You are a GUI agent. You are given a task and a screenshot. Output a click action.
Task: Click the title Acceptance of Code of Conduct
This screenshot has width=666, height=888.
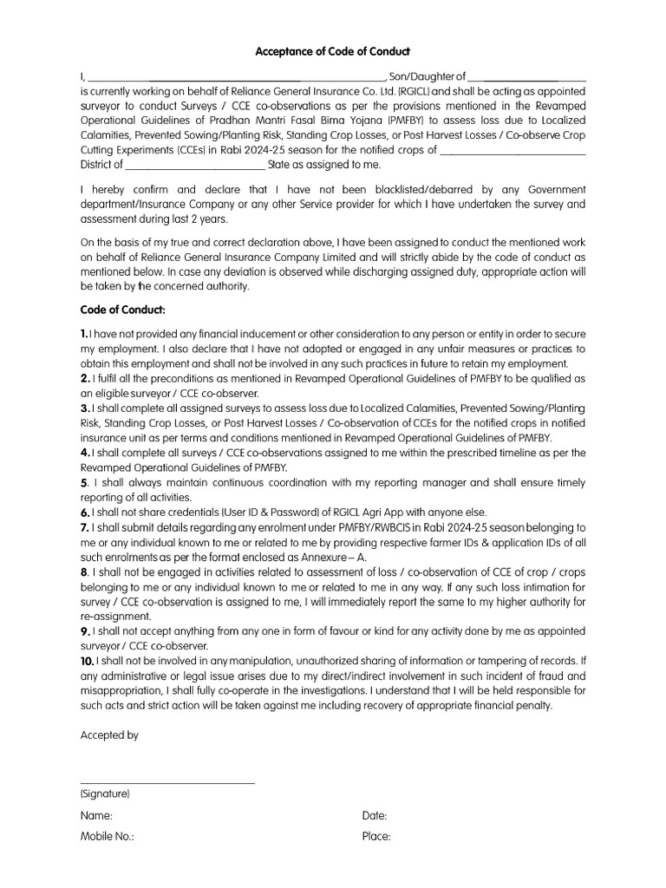coord(332,52)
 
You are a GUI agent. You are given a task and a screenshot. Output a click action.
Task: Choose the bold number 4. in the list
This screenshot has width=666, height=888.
coord(85,453)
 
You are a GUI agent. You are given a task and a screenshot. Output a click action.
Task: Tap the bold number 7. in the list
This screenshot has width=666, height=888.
coord(85,527)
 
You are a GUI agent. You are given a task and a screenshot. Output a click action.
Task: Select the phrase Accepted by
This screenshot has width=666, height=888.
coord(109,735)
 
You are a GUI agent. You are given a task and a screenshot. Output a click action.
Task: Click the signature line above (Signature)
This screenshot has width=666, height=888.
coord(167,784)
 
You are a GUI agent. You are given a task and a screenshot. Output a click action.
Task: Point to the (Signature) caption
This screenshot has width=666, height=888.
coord(105,793)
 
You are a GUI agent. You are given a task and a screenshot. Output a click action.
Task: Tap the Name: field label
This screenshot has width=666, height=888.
coord(96,816)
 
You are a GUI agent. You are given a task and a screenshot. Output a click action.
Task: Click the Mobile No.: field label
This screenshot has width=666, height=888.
coord(108,837)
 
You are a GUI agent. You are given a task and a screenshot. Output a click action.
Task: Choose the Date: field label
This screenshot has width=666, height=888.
coord(375,816)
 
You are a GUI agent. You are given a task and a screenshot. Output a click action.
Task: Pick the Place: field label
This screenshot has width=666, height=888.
coord(376,837)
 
